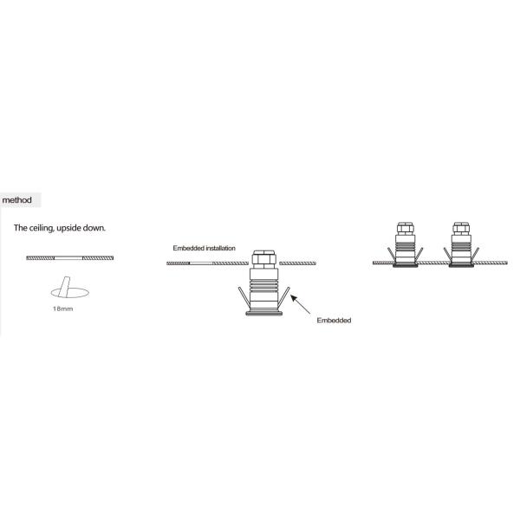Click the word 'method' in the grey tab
17,200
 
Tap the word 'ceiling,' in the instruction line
42,228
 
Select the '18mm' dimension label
62,309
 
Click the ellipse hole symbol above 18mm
69,293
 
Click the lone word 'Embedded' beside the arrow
334,321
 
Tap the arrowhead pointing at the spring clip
294,298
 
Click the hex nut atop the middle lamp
264,258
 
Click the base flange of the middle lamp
264,313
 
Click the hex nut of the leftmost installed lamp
406,229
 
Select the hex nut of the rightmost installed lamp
461,229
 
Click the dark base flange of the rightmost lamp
461,265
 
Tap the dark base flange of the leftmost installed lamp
406,265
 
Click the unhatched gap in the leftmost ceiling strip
68,258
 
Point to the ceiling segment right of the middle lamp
297,263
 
